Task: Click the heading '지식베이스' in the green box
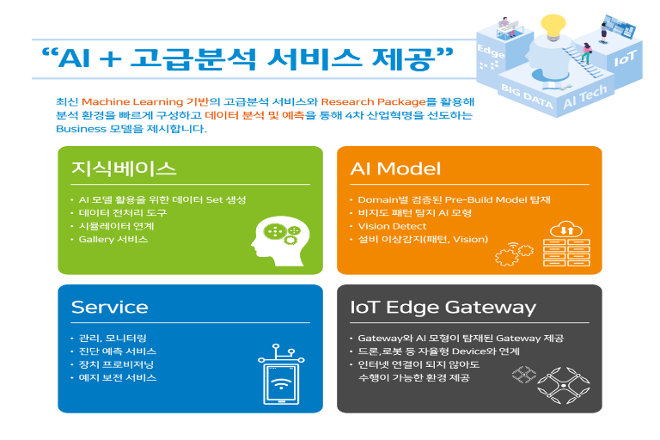pyautogui.click(x=124, y=168)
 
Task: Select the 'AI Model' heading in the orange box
pyautogui.click(x=395, y=168)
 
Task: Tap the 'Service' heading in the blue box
pyautogui.click(x=109, y=308)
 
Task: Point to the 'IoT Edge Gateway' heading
pyautogui.click(x=443, y=308)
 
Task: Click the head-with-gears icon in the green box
pyautogui.click(x=280, y=241)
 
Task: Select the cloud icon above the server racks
pyautogui.click(x=566, y=229)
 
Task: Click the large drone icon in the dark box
pyautogui.click(x=563, y=385)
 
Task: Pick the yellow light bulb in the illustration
pyautogui.click(x=553, y=27)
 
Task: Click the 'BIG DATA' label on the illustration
pyautogui.click(x=527, y=96)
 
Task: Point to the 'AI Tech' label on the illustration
pyautogui.click(x=585, y=96)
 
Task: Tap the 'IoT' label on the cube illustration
pyautogui.click(x=625, y=58)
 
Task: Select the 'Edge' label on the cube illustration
pyautogui.click(x=491, y=51)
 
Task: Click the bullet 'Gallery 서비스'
pyautogui.click(x=113, y=239)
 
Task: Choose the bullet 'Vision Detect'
pyautogui.click(x=392, y=226)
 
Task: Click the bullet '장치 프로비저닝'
pyautogui.click(x=116, y=364)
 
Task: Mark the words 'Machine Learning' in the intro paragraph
pyautogui.click(x=132, y=102)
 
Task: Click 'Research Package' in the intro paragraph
pyautogui.click(x=373, y=102)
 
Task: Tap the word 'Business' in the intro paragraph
pyautogui.click(x=82, y=129)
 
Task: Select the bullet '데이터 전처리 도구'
pyautogui.click(x=123, y=213)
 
